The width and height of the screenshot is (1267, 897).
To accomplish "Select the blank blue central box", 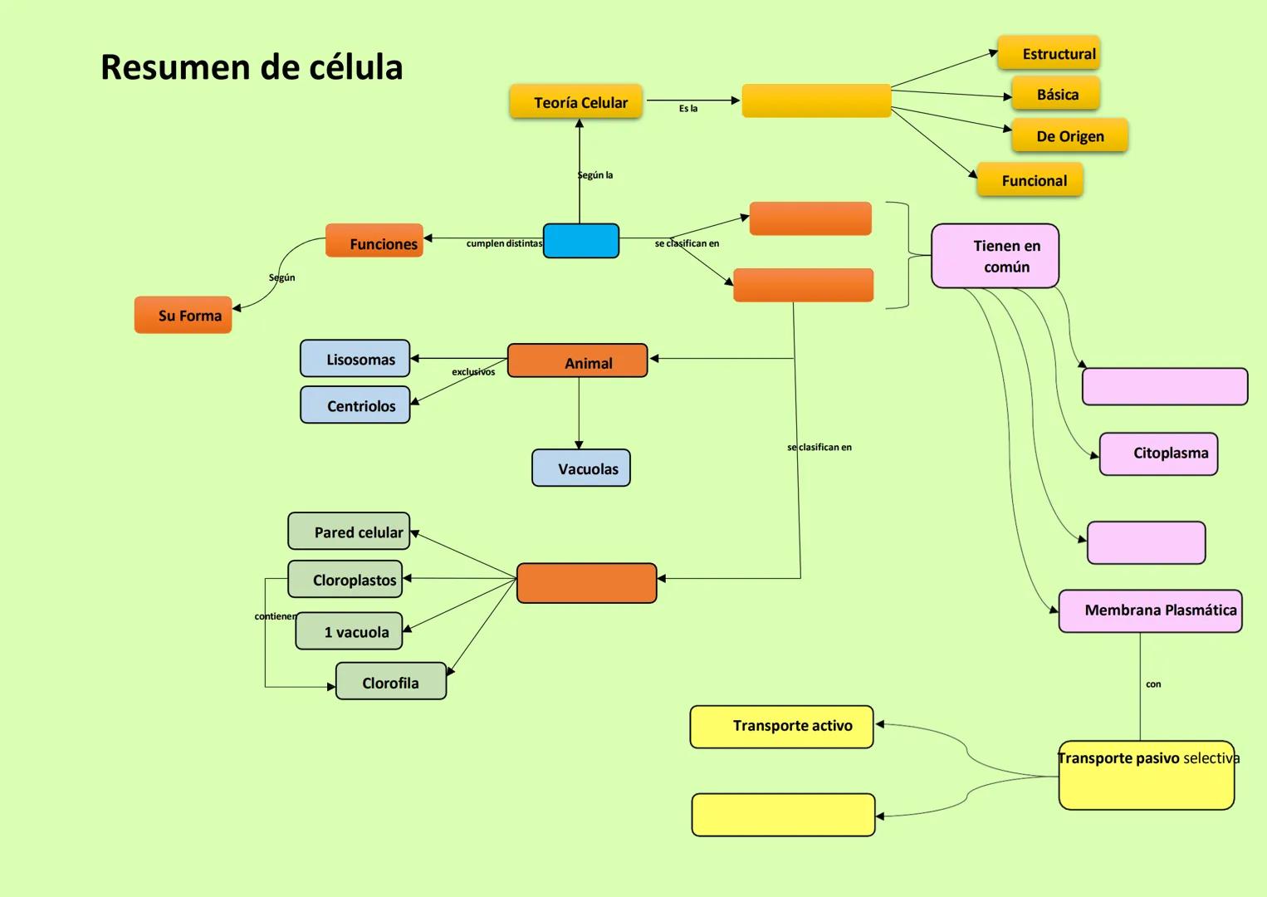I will coord(580,241).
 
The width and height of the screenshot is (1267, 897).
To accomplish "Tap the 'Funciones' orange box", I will coord(374,241).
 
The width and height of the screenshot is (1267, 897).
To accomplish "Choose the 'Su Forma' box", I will coord(183,316).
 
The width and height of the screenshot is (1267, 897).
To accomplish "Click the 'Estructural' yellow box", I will coord(1049,53).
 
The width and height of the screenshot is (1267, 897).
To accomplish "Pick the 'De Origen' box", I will coord(1069,135).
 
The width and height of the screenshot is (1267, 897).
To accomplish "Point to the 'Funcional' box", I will coord(1030,180).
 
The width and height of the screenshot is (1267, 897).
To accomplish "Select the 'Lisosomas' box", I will coord(355,359).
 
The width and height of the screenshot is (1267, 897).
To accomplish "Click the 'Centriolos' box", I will coord(355,405).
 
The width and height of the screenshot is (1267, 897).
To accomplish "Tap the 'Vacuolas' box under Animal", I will coord(581,468).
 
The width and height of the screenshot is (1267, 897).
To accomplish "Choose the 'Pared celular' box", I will coord(350,532).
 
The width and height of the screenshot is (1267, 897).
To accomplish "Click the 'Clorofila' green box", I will coord(391,682).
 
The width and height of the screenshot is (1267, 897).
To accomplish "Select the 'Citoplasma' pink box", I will coord(1158,453).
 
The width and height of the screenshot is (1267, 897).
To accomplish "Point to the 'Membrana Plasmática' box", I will coord(1150,610).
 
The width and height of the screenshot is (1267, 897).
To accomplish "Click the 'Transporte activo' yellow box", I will coord(781,726).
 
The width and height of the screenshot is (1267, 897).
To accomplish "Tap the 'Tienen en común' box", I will coord(995,256).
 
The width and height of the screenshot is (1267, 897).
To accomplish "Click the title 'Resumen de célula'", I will coord(252,67).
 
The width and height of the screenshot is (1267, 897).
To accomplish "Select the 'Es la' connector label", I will coord(688,109).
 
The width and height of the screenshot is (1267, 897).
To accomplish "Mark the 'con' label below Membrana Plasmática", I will coord(1153,684).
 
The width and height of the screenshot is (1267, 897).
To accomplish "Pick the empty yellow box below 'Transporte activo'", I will coord(783,815).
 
